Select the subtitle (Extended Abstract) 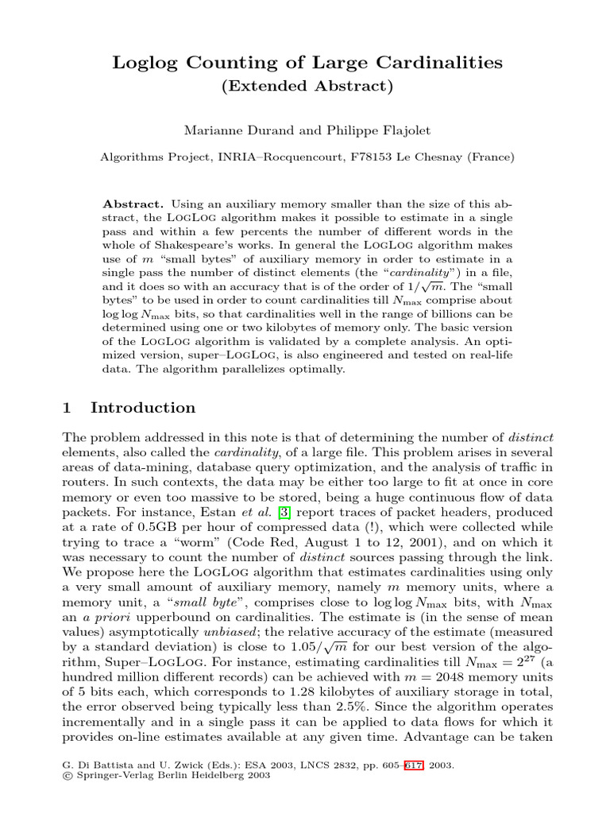(x=305, y=87)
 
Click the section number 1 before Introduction (x=68, y=409)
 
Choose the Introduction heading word (x=143, y=409)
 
